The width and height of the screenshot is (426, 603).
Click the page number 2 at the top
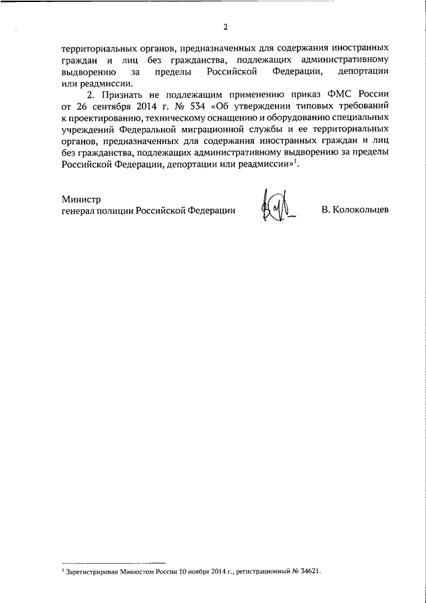226,27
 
